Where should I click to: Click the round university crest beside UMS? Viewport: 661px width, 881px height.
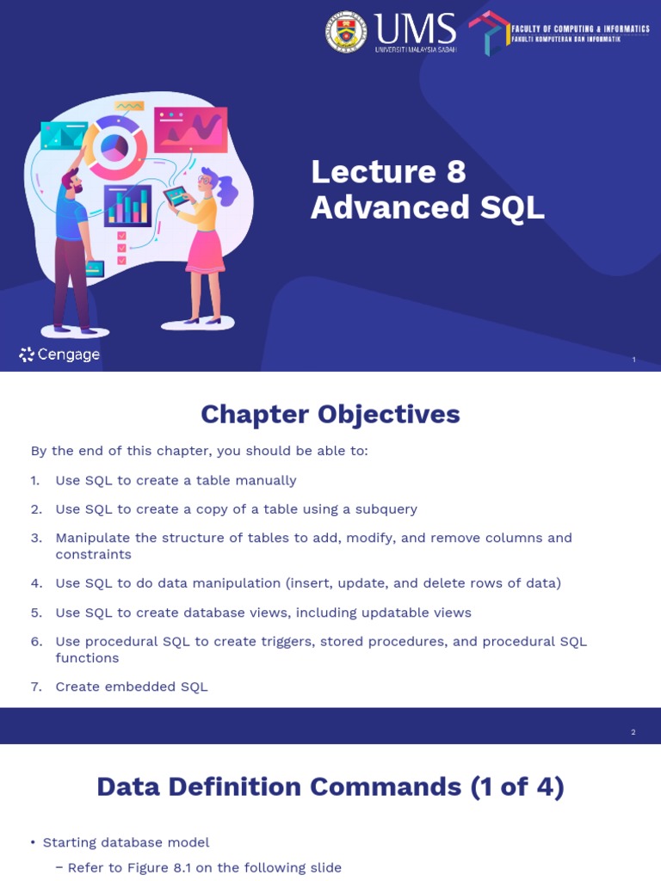pos(346,32)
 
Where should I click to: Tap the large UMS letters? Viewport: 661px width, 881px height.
pos(415,28)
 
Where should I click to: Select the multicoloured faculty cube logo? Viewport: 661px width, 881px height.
pos(488,33)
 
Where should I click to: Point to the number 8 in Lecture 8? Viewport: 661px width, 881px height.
pos(455,172)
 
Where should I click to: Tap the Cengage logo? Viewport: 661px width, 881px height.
pos(59,354)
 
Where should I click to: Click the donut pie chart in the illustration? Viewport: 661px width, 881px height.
pos(114,147)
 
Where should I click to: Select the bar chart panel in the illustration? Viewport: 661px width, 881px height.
pos(127,206)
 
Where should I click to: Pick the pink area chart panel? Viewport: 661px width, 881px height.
pos(190,129)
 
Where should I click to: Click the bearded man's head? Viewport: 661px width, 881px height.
pos(72,181)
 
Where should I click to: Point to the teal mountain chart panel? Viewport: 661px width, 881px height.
pos(64,135)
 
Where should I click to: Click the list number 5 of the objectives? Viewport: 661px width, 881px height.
pos(36,613)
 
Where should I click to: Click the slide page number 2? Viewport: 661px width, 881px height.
pos(633,732)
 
